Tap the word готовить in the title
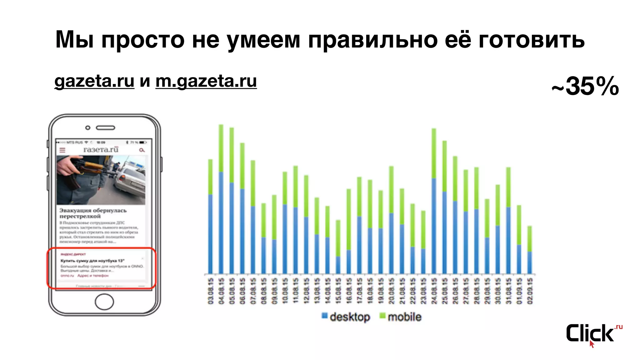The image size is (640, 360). click(531, 40)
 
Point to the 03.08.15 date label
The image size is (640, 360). click(211, 291)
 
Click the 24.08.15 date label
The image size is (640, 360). click(434, 291)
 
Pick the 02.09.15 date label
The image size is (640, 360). click(530, 291)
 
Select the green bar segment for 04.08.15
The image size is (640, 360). click(221, 148)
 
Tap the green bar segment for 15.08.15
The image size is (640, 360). click(338, 238)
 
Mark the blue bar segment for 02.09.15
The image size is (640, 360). click(530, 262)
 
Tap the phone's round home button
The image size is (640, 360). click(104, 302)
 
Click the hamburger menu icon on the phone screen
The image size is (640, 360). click(62, 150)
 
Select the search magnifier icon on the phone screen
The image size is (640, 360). click(142, 150)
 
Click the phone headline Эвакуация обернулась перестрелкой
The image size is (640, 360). click(93, 213)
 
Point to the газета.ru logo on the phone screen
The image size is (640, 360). click(101, 150)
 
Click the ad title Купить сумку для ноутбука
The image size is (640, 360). click(92, 261)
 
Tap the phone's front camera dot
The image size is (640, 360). click(88, 127)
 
